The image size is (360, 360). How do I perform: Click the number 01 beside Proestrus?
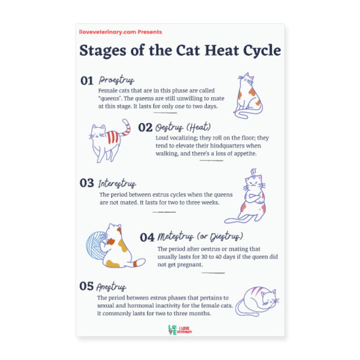[x=87, y=80]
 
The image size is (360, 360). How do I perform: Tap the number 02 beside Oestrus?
[x=145, y=127]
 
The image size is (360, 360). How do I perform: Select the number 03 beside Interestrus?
[x=87, y=184]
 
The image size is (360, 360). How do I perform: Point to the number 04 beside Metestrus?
[x=148, y=236]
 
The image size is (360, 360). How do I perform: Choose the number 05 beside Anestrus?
[x=87, y=286]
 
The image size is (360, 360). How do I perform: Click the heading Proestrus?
[x=116, y=80]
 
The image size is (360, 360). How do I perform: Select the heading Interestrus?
[x=117, y=184]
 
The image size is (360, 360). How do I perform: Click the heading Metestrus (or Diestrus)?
[x=200, y=236]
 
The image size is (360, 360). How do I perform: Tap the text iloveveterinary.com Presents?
[x=120, y=32]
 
